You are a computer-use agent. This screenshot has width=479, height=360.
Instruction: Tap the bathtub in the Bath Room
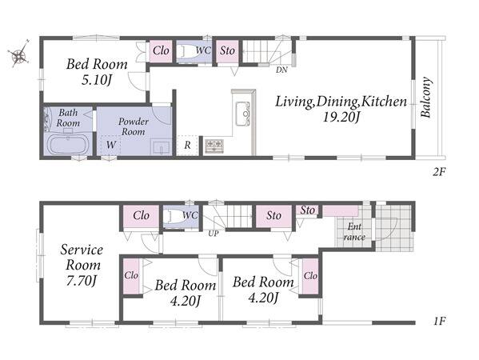coord(68,145)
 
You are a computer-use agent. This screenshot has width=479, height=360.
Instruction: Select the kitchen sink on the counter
coord(243,114)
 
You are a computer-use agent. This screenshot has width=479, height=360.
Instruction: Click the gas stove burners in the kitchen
coord(214,146)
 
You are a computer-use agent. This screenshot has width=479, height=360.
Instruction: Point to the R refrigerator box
coord(187,146)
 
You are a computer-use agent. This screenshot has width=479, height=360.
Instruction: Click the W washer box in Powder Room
coord(111,145)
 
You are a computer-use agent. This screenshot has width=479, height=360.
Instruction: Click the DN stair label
coord(281,70)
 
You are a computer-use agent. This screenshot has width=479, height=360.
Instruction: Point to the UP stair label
coord(214,234)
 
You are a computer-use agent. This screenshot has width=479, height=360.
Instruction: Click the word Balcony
coord(425,97)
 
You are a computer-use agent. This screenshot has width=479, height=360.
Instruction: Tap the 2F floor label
coord(439,172)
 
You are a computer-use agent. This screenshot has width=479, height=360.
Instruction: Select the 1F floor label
coord(439,321)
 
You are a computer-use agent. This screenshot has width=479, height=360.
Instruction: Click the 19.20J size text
coord(341,117)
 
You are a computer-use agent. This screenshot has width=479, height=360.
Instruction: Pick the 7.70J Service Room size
coord(82,281)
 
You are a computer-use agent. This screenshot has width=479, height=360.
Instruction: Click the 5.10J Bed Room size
coord(97,80)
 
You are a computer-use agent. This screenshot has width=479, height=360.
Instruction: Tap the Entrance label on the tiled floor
coord(354,232)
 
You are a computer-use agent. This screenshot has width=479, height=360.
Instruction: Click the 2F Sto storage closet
coord(228,52)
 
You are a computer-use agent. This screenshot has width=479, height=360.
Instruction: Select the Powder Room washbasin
coord(161,147)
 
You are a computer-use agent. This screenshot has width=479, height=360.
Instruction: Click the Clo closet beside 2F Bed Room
coord(161,51)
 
